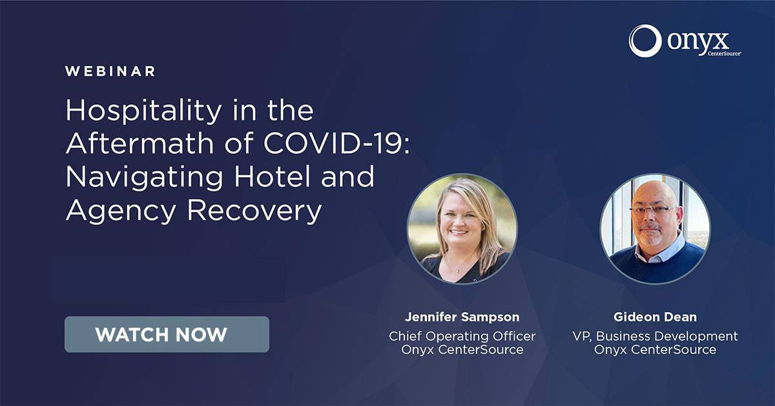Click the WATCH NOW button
coord(167,334)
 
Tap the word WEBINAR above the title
coord(110,71)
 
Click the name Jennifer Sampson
coord(462,317)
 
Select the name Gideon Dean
coord(655,317)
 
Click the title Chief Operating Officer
coord(462,336)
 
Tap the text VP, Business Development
coord(655,336)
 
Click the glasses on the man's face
coord(653,210)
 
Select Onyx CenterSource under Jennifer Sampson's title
coord(462,350)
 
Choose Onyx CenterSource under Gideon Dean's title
coord(655,350)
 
